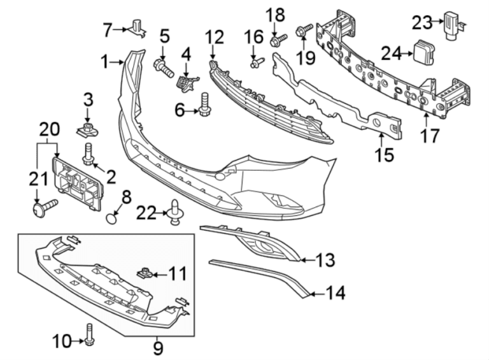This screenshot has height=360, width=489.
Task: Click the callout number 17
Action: point(430,136)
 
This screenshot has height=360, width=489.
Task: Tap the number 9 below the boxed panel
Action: point(158,349)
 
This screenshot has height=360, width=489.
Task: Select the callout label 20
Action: point(50,129)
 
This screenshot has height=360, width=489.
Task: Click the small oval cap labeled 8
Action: point(112,218)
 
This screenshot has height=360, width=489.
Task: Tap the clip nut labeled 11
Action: point(145,274)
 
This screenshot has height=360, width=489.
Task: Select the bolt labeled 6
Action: point(205,105)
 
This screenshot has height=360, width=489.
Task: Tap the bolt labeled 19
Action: point(303,30)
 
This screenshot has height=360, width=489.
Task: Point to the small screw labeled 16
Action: point(256,62)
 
